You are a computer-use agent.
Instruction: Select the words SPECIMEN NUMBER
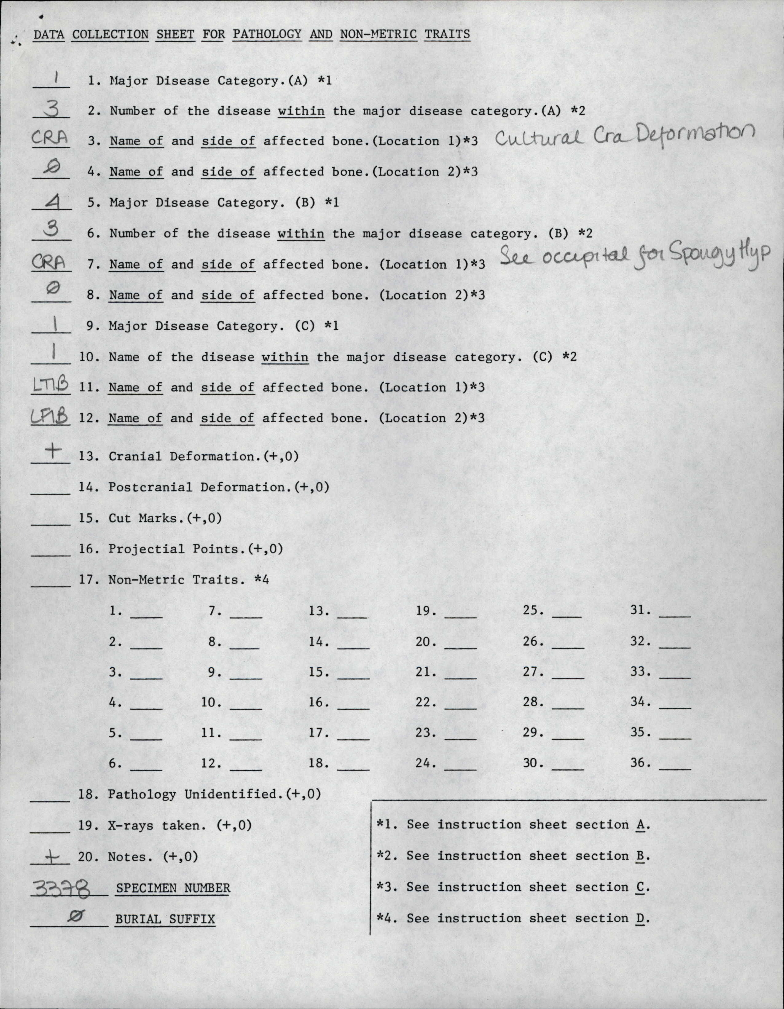coord(173,888)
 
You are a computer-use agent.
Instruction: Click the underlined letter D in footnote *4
coord(640,918)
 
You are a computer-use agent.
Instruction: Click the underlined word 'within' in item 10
coord(284,357)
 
